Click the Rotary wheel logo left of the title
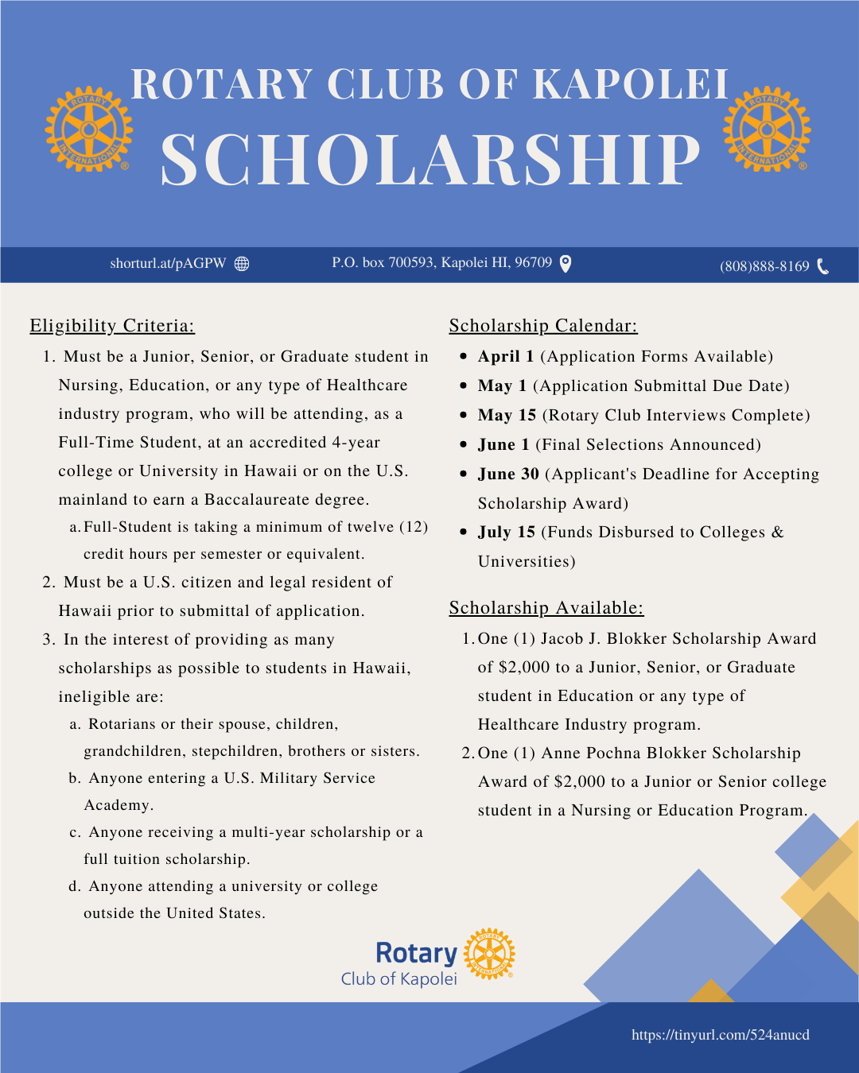coord(88,129)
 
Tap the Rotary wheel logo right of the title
coord(767,129)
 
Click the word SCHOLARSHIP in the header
coord(430,160)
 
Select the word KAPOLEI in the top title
coord(630,84)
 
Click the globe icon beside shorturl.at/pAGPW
coord(242,264)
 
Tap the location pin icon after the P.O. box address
coord(566,263)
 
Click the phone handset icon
coord(822,266)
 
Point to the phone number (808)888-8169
coord(764,266)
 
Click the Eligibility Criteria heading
coord(112,325)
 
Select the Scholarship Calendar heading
coord(543,325)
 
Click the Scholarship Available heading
coord(546,607)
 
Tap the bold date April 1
coord(506,356)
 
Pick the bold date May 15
coord(507,415)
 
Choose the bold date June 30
coord(508,474)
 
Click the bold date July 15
coord(507,532)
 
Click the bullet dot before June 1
coord(464,445)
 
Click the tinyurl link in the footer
coord(721,1035)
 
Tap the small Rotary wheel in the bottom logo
coord(489,954)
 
